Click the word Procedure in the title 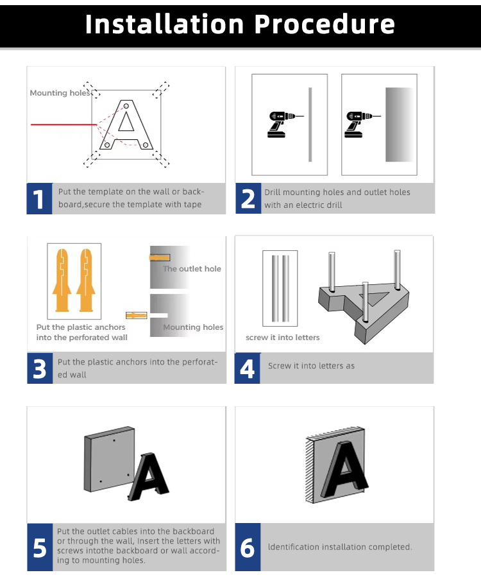325,24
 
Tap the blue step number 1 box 40,198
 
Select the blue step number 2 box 248,198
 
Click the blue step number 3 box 40,368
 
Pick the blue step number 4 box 247,368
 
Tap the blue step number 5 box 40,547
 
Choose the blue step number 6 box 248,547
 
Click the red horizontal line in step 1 64,125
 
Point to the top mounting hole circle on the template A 126,106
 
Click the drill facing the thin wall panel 283,125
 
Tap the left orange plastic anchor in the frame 62,280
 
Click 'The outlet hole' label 192,268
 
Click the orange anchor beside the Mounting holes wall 136,316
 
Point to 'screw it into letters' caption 283,338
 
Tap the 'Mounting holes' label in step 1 60,93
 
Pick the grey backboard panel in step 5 109,459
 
